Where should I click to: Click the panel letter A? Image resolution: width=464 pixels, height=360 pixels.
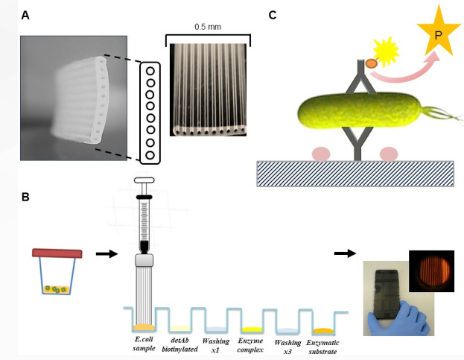[x=25, y=14]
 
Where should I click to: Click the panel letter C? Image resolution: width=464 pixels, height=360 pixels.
[x=273, y=14]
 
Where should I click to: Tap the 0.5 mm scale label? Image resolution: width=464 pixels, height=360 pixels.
[x=207, y=26]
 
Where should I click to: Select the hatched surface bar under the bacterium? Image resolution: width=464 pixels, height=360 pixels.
[x=355, y=173]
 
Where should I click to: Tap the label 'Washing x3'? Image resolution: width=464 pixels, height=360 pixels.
[x=288, y=344]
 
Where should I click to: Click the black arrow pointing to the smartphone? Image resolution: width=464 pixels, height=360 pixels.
[x=345, y=253]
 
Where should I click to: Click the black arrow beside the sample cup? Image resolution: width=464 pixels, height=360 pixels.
[x=107, y=253]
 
